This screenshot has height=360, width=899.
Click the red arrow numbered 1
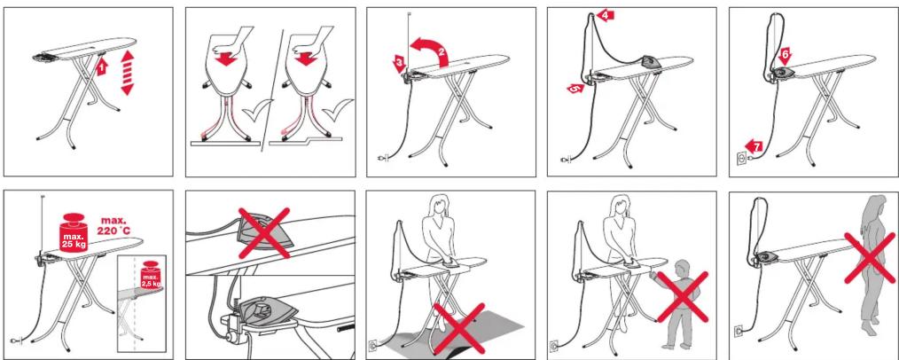coord(101,67)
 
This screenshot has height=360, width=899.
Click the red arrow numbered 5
coord(575,89)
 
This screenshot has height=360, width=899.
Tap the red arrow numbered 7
coord(754,147)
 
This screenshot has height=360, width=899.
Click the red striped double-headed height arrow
coord(127,72)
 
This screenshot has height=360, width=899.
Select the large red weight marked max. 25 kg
coord(74,231)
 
